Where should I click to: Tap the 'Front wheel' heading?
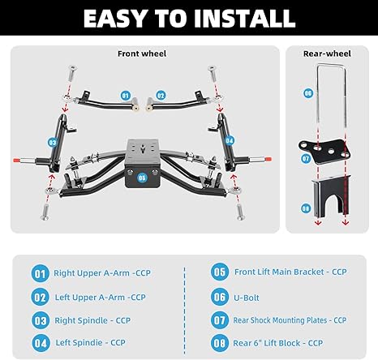pyautogui.click(x=142, y=54)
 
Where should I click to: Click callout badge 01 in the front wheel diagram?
pyautogui.click(x=126, y=95)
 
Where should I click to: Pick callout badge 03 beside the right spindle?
pyautogui.click(x=52, y=142)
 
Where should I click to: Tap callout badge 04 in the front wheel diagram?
pyautogui.click(x=229, y=140)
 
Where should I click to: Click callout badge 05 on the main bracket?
pyautogui.click(x=143, y=176)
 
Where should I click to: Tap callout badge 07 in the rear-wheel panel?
pyautogui.click(x=307, y=159)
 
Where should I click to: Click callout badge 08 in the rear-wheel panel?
pyautogui.click(x=306, y=208)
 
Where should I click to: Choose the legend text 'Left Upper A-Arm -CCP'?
pyautogui.click(x=99, y=297)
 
